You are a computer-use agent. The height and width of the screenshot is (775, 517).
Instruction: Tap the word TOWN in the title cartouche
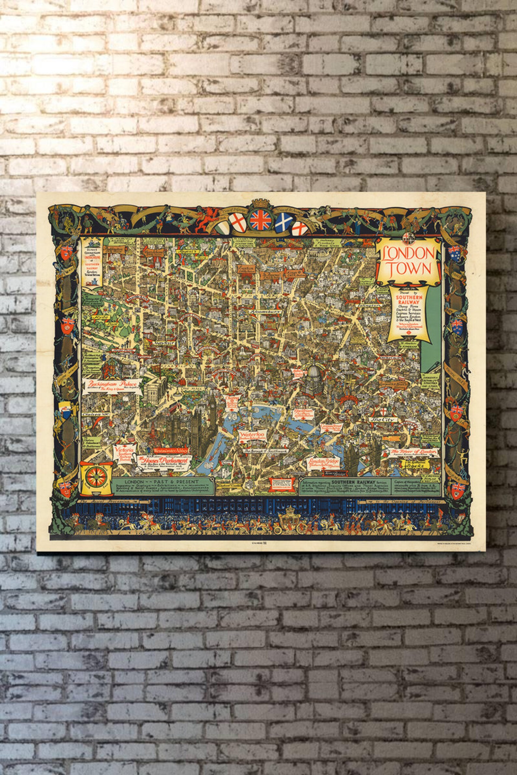[409, 269]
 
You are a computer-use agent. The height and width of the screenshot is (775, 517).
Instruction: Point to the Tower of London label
[410, 453]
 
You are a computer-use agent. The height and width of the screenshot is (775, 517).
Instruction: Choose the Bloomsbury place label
[264, 311]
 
